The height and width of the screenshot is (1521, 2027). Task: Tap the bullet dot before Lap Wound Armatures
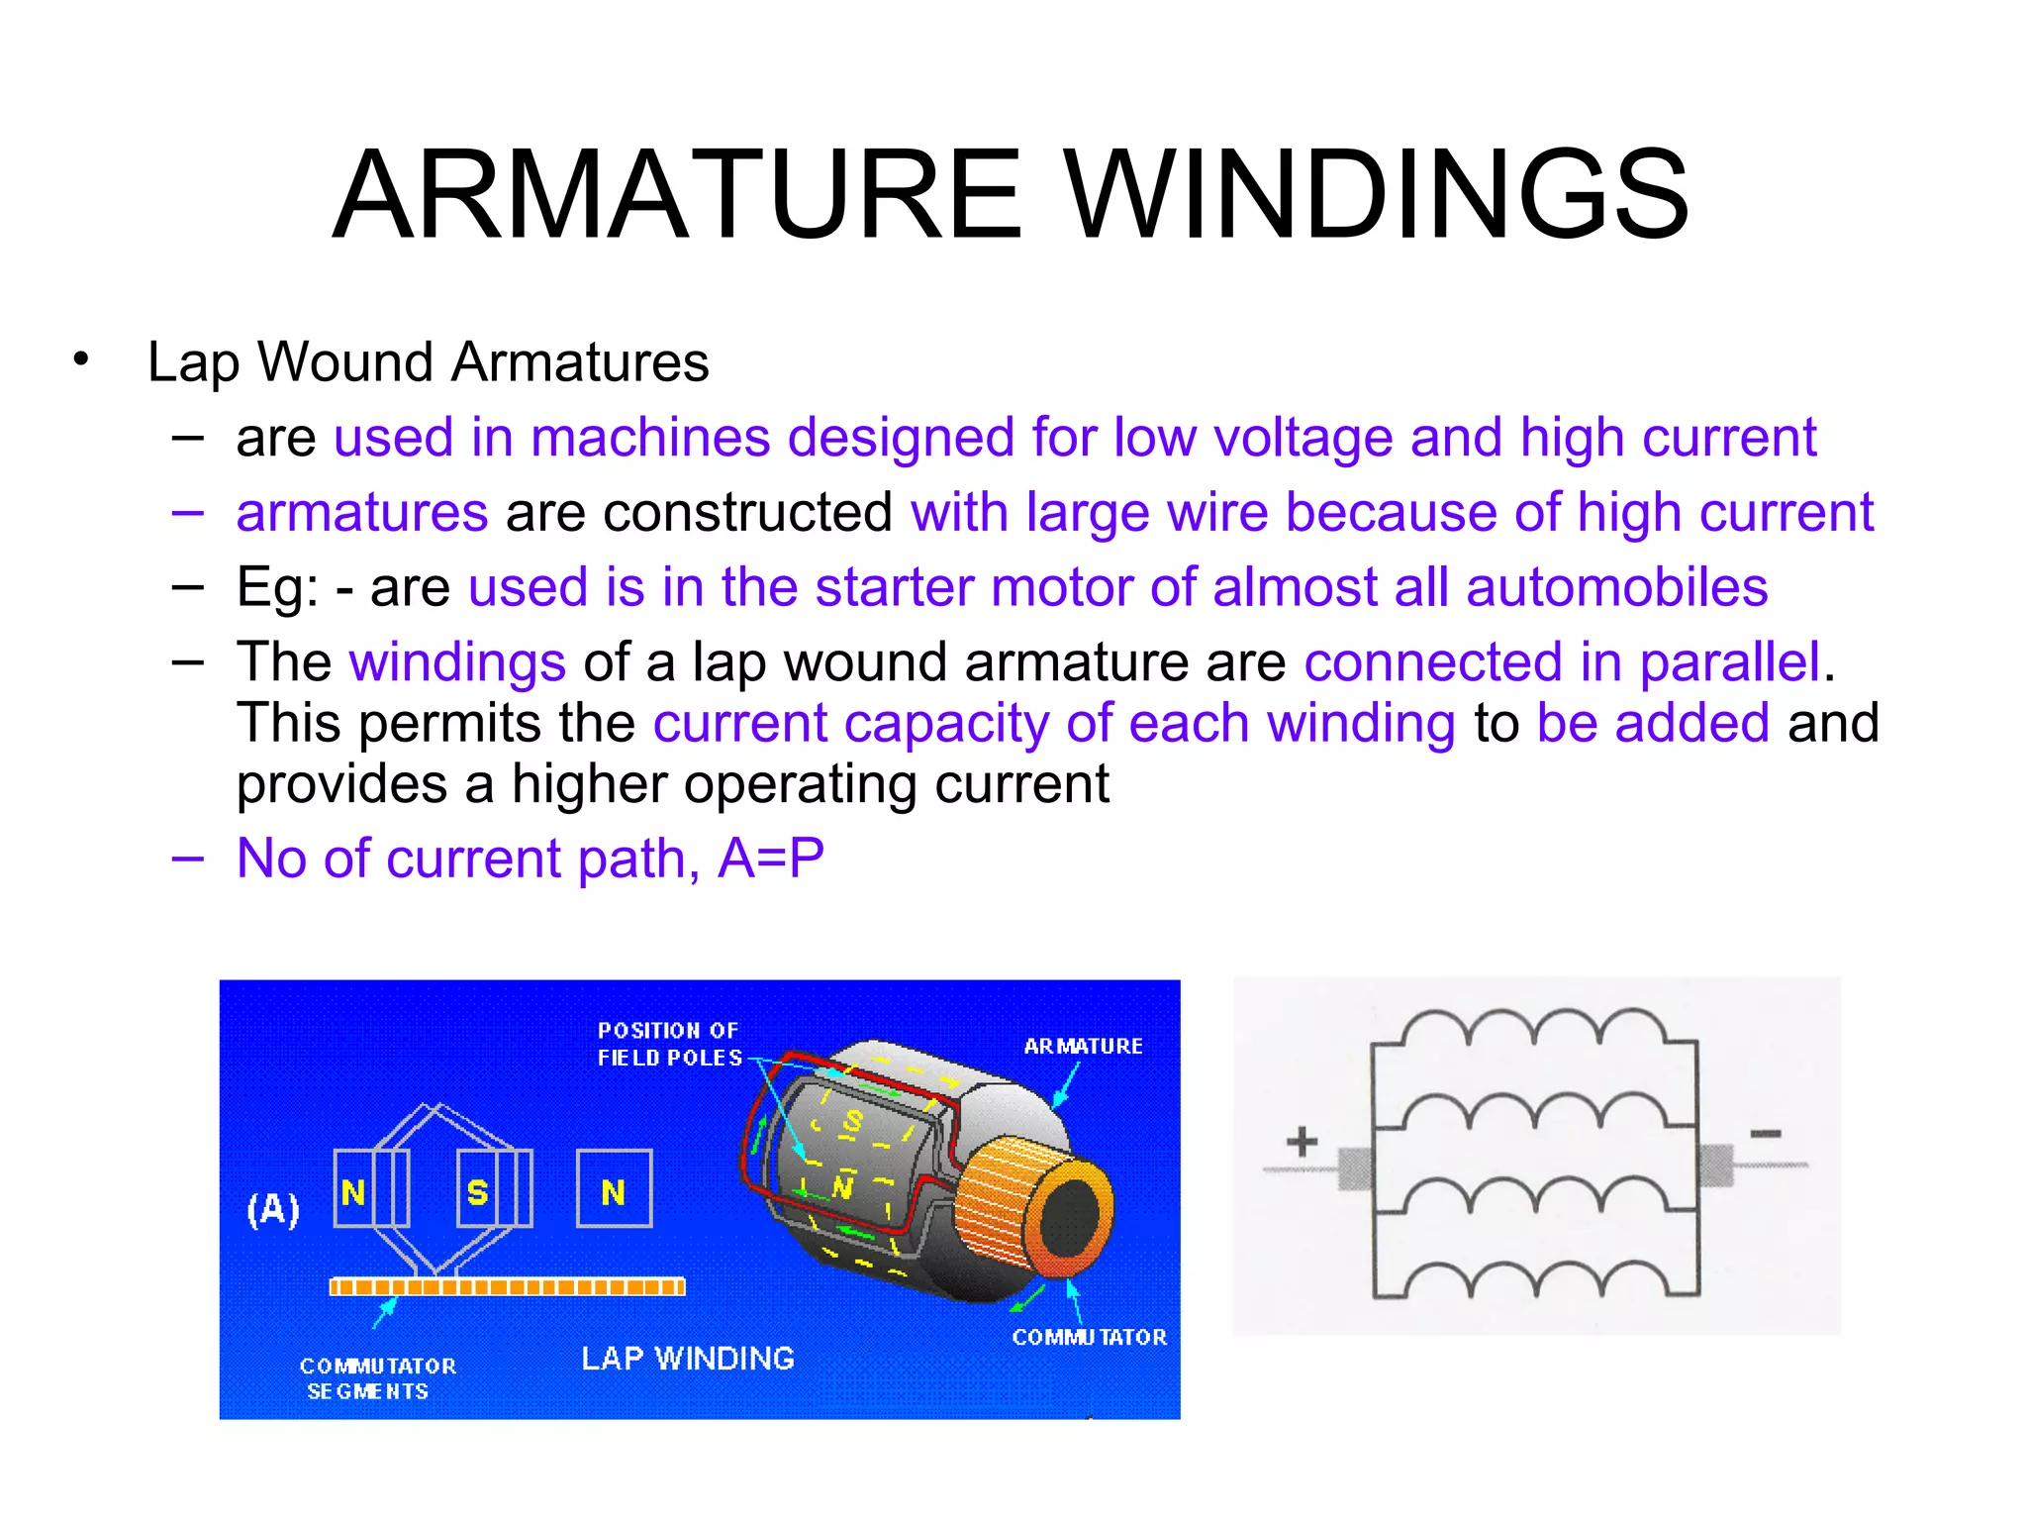[x=81, y=359]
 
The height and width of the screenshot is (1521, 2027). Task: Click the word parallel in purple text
[x=1729, y=662]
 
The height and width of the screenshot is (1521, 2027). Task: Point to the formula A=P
[x=770, y=858]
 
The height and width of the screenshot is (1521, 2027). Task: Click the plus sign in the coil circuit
[x=1302, y=1141]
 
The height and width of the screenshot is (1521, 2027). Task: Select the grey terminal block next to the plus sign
[x=1354, y=1168]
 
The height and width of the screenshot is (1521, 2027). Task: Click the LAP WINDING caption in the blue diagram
[x=687, y=1358]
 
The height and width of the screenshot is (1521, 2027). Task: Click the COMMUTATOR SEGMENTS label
[x=376, y=1377]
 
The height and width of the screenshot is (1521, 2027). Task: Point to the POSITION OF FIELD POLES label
[x=669, y=1044]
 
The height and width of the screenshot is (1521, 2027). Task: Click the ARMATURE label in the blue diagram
[x=1083, y=1046]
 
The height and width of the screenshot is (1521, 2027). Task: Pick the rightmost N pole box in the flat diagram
[x=614, y=1189]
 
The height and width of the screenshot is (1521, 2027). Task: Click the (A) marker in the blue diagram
[x=272, y=1209]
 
